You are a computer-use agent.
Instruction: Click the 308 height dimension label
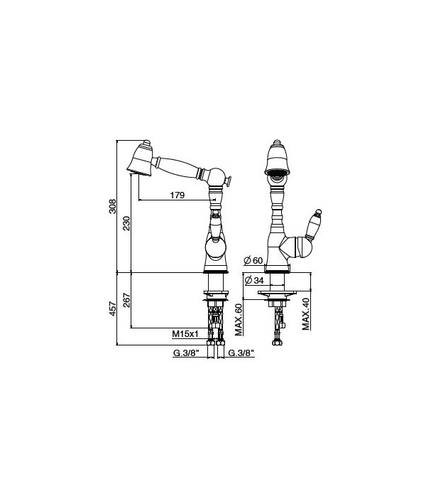coord(113,206)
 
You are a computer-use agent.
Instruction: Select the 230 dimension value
coord(126,223)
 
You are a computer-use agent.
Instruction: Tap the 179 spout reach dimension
coord(177,195)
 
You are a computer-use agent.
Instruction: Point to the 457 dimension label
coord(113,308)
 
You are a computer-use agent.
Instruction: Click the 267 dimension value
coord(126,300)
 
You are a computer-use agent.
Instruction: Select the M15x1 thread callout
coord(185,334)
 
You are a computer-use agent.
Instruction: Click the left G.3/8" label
coord(187,353)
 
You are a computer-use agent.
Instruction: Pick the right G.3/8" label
coord(241,353)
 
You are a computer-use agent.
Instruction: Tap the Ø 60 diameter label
coord(253,261)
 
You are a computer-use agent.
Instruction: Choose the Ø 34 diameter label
coord(254,280)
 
